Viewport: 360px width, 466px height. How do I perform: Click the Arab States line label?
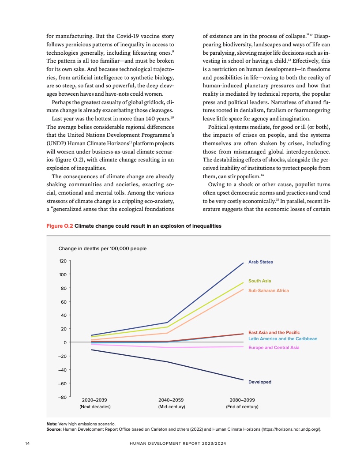pos(260,262)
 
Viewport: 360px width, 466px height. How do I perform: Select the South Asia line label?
pos(259,281)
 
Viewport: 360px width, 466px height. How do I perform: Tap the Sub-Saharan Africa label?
pos(268,291)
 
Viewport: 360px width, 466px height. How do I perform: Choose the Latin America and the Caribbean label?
pos(283,338)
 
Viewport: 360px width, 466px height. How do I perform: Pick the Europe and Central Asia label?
pos(274,348)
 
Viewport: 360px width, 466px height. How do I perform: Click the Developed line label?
pos(260,382)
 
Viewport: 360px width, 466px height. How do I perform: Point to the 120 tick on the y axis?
pos(62,261)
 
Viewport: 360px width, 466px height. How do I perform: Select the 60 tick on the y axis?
pos(64,302)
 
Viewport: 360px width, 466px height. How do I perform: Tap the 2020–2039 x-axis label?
pos(95,400)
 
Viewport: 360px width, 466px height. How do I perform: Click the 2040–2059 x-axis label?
pos(171,400)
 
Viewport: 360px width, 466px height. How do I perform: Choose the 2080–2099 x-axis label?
pos(242,400)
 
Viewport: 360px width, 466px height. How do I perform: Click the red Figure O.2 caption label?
pos(60,226)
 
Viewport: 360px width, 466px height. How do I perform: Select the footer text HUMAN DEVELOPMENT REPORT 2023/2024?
pos(180,443)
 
